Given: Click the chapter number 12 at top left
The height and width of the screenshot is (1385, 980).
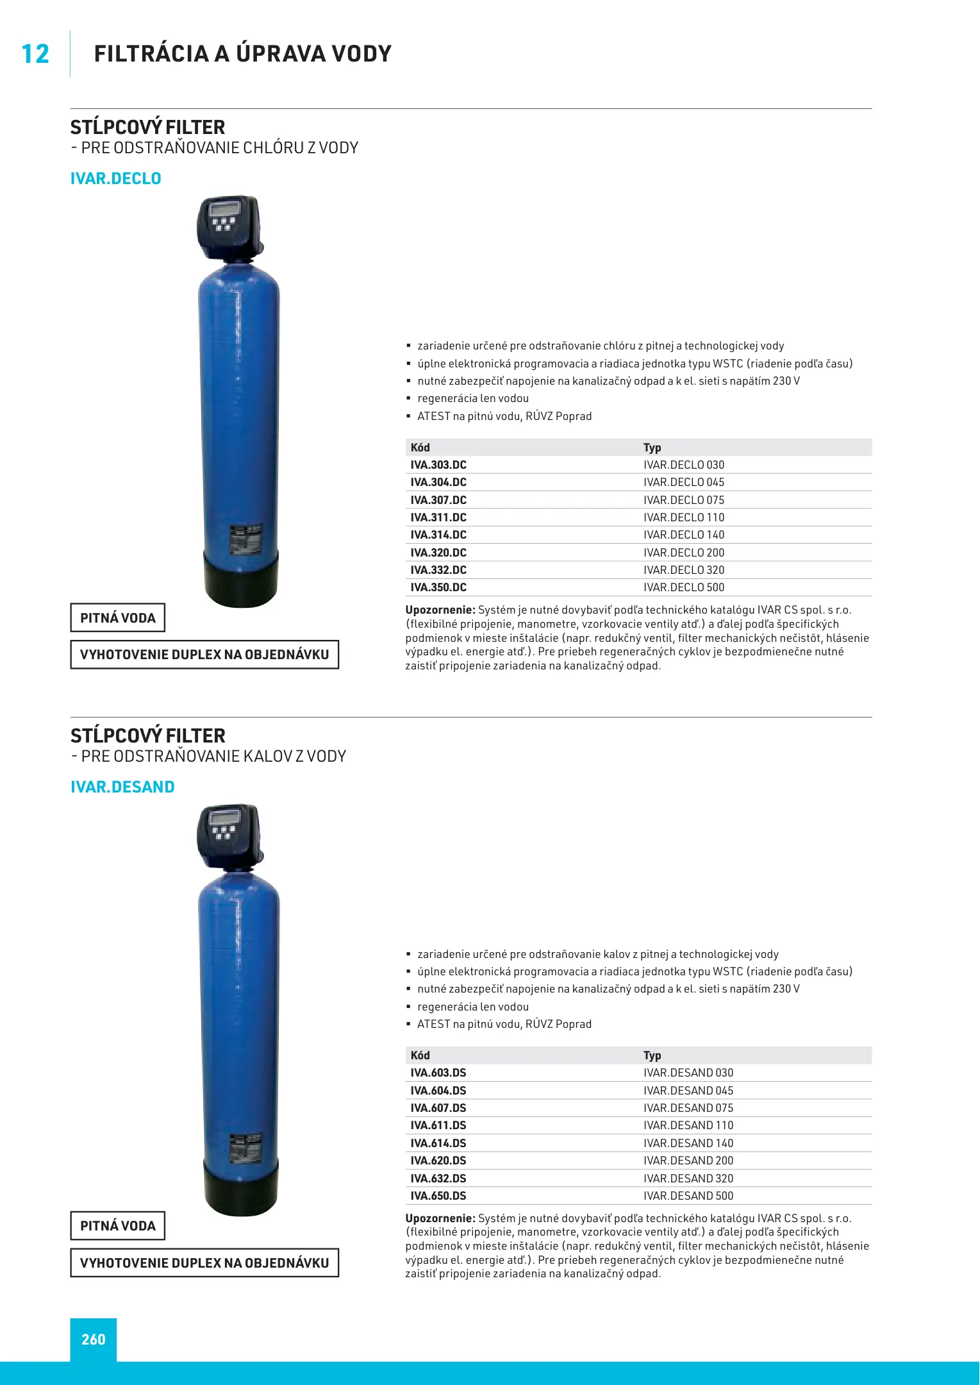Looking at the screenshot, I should (35, 54).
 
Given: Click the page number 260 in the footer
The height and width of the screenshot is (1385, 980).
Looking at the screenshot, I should (94, 1339).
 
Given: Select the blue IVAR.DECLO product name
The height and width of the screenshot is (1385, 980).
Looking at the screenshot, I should (115, 178).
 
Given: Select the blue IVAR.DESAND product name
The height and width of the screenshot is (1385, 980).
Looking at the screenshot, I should (122, 787).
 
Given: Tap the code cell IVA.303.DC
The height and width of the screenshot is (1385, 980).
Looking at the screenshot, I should (438, 465).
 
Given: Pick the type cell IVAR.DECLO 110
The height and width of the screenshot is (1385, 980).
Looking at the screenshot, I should (684, 517).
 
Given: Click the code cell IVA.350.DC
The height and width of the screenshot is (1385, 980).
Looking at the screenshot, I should (438, 587).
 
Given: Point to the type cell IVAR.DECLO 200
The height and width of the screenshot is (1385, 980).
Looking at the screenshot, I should (684, 553).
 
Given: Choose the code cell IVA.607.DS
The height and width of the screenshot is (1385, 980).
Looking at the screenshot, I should (438, 1108).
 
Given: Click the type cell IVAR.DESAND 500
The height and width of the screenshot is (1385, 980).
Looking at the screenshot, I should (688, 1196).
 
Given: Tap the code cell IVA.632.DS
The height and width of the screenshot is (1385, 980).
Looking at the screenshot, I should (438, 1179).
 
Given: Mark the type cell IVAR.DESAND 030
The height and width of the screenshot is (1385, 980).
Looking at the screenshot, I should (688, 1073).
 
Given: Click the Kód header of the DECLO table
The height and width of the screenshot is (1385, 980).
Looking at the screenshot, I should (420, 448).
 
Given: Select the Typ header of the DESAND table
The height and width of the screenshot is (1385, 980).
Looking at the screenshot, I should (652, 1055).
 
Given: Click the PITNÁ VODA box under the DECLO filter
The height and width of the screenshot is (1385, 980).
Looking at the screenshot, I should (118, 617).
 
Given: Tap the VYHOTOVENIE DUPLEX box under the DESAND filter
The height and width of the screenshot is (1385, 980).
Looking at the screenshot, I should (204, 1263).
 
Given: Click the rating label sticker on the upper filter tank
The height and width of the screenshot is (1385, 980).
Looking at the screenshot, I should (245, 539).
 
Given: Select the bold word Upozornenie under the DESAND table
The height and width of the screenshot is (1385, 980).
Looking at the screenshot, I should (440, 1218).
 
